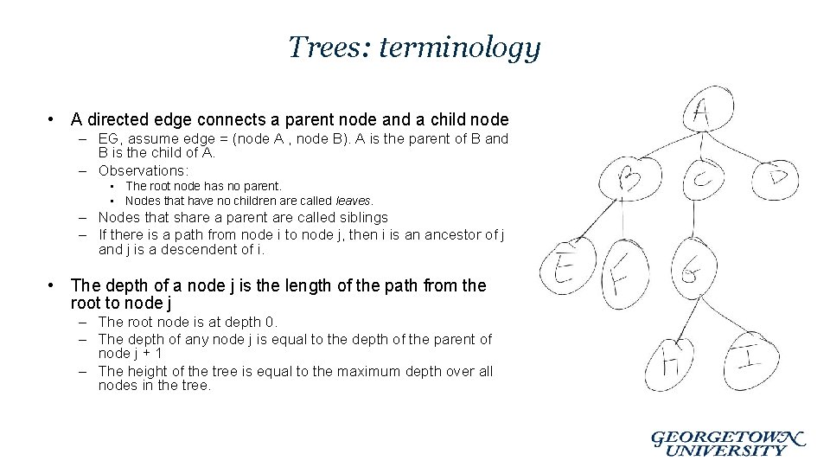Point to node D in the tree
click(774, 179)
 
